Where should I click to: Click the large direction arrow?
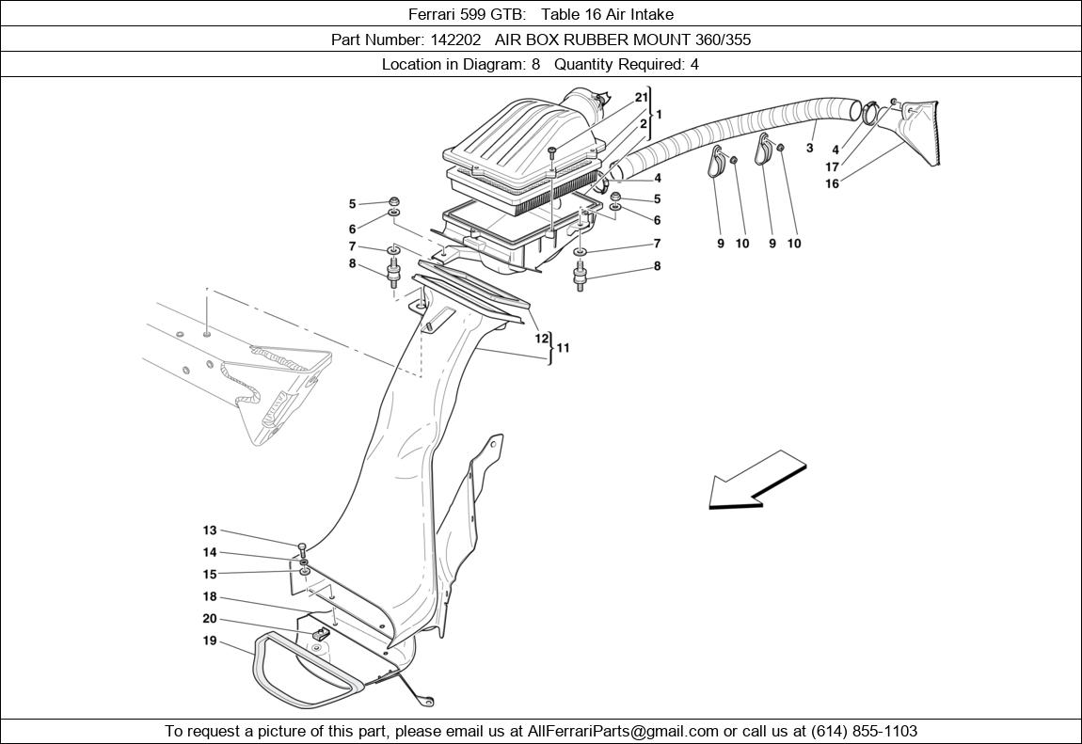coord(757,480)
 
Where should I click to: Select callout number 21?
coord(642,97)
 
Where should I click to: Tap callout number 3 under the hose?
coord(809,147)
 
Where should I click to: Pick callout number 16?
coord(833,183)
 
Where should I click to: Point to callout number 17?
coord(833,166)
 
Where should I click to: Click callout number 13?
coord(210,530)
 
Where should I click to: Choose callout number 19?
coord(210,641)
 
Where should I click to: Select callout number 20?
coord(210,619)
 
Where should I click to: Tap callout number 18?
coord(210,596)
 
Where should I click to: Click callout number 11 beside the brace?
coord(563,347)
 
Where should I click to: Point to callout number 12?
coord(542,339)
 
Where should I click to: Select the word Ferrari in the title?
coord(431,14)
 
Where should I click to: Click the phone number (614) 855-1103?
coord(864,731)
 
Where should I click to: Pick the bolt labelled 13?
coord(302,549)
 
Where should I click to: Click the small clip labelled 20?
coord(320,633)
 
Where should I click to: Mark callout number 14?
coord(210,552)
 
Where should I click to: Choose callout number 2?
coord(644,124)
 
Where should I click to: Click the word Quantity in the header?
coord(582,64)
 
